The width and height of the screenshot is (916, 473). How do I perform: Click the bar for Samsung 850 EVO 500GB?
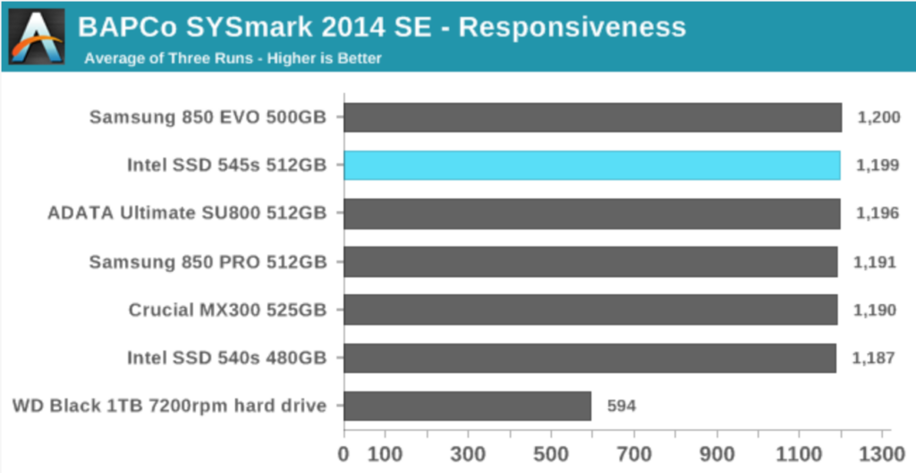(592, 117)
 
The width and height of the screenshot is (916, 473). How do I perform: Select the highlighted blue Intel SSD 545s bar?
(592, 165)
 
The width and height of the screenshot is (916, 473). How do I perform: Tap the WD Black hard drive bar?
(467, 406)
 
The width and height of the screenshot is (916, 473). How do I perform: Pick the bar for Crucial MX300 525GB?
(590, 310)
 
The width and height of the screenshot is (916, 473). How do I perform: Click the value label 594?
(621, 407)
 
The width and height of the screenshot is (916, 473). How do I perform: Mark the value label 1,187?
(875, 359)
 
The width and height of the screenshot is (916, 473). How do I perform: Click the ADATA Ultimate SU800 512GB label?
(188, 214)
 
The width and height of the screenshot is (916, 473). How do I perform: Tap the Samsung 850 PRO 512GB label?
(208, 262)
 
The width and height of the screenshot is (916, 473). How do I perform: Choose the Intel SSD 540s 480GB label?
(220, 359)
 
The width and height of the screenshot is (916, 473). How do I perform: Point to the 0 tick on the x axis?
(343, 452)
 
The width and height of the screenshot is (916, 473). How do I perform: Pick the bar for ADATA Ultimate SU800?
(591, 214)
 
